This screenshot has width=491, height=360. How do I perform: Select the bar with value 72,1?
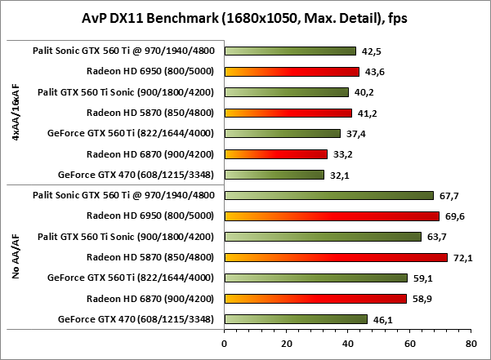pos(336,257)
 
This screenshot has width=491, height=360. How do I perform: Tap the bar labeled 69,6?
pos(332,216)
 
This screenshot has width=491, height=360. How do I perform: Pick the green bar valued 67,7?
pos(328,195)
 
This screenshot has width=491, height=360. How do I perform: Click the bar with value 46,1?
pos(295,319)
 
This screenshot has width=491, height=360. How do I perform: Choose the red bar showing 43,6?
pos(292,71)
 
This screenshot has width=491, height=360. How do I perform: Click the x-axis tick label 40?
pos(347,344)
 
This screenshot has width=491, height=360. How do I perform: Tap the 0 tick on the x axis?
pos(224,344)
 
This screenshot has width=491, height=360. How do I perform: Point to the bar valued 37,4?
pos(282,133)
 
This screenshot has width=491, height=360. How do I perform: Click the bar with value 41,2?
pos(288,113)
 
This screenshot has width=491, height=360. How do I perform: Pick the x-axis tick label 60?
pos(408,344)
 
